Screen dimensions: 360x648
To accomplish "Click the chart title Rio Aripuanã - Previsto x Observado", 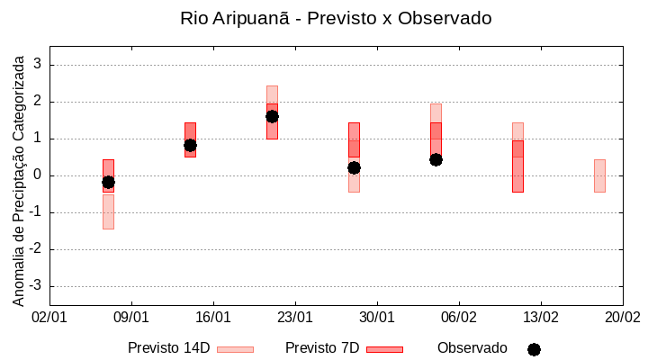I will point(336,18).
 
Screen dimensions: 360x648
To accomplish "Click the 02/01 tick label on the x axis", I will point(49,318).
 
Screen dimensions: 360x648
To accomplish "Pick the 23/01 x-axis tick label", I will point(295,318).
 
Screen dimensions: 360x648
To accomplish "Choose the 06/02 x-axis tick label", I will point(459,318).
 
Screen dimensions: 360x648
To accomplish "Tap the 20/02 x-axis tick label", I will point(622,318).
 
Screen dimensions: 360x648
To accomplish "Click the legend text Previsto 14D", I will point(168,348).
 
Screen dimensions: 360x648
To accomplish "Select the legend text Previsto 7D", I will point(322,348).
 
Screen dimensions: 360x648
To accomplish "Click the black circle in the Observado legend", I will point(534,349).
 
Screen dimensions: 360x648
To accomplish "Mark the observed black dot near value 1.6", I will point(272,116).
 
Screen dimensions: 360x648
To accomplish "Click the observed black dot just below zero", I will point(108,182).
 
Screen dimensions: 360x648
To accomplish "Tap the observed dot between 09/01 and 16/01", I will point(190,145).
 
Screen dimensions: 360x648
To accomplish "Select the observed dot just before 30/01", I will point(354,167).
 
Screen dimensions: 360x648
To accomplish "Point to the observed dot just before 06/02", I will point(436,159).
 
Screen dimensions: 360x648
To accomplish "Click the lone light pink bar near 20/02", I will point(599,175).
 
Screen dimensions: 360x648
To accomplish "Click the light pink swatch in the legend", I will point(235,349).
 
